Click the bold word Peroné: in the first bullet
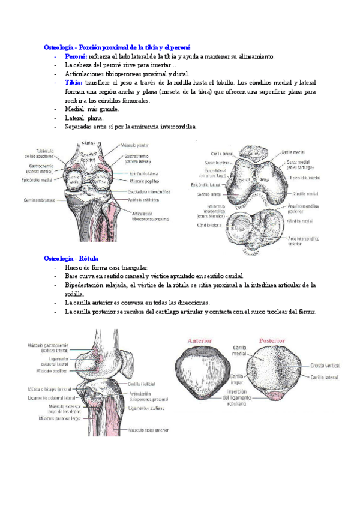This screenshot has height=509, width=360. coord(75,56)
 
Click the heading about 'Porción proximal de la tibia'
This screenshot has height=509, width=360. coord(117,47)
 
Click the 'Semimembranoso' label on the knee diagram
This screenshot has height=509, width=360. coord(40,200)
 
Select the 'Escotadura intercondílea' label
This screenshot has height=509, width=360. coord(149,191)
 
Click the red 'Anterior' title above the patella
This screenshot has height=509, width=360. coord(200,340)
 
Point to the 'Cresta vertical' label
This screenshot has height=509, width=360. coord(327,365)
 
